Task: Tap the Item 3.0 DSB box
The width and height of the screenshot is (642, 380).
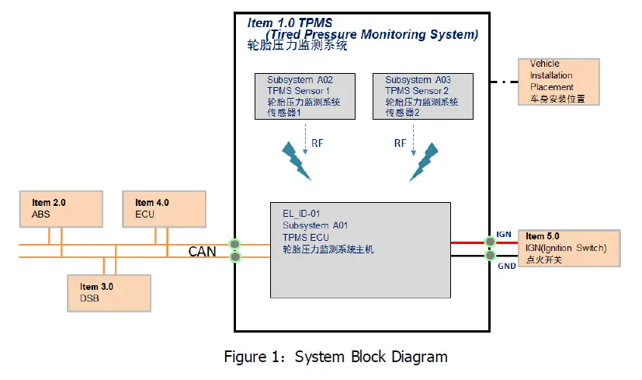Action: click(x=108, y=291)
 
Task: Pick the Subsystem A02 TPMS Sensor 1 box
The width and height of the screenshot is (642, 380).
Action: click(x=305, y=96)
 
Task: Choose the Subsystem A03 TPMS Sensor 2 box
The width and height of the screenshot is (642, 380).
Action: click(x=423, y=96)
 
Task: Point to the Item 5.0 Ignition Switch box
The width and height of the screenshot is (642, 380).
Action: click(x=570, y=248)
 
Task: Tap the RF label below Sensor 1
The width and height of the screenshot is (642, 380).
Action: click(x=318, y=143)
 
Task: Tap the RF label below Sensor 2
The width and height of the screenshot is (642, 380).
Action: click(x=401, y=143)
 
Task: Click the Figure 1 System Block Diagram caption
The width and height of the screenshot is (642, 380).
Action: click(x=335, y=357)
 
